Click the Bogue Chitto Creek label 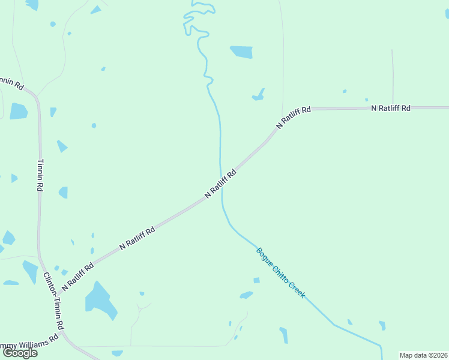[x=281, y=274]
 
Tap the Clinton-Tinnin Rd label [x=54, y=301]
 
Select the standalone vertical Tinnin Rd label [x=40, y=175]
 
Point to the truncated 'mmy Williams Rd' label [x=29, y=343]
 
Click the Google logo [x=20, y=352]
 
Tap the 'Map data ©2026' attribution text [x=423, y=355]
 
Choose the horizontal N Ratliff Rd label [x=391, y=108]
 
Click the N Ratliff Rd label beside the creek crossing [x=220, y=184]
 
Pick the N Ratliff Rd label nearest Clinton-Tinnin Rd [x=77, y=275]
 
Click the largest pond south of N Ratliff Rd [x=99, y=300]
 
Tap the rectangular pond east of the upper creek [x=241, y=52]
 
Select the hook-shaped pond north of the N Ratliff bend [x=259, y=95]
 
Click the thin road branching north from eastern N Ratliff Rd [x=393, y=78]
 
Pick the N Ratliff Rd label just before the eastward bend [x=294, y=118]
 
